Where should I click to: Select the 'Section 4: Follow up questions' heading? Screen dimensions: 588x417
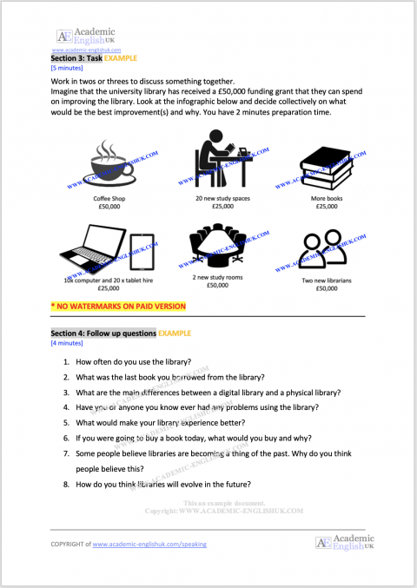point(103,334)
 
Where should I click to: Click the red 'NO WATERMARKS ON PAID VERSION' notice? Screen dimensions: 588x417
point(117,307)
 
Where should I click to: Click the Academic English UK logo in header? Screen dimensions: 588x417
point(86,36)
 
